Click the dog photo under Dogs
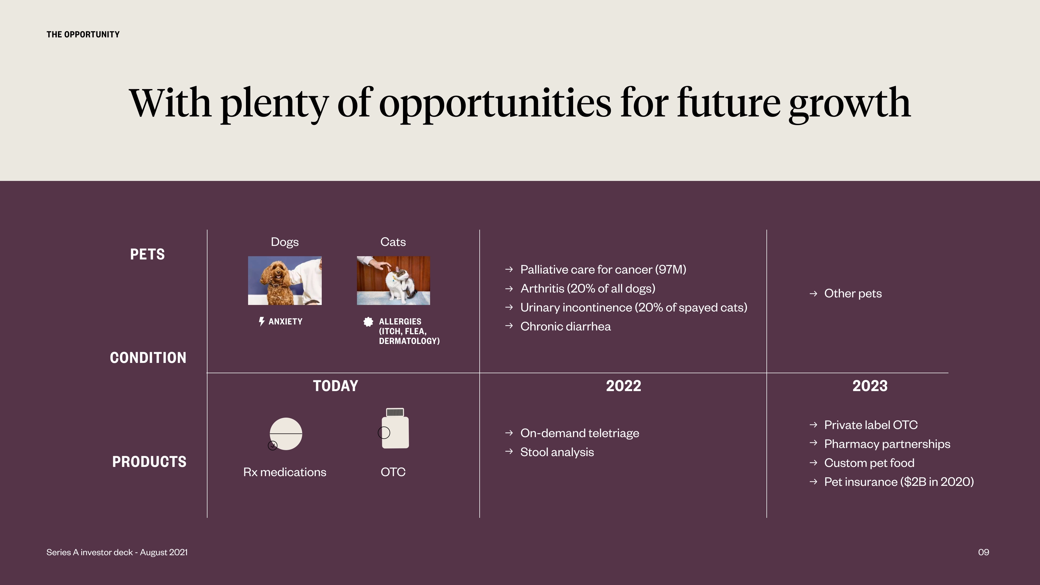[x=285, y=281]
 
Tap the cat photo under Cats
[x=393, y=281]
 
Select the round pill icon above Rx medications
[x=285, y=434]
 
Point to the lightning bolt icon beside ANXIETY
[x=262, y=321]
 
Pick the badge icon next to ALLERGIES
[x=368, y=322]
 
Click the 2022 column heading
[x=623, y=386]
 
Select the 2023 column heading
[x=870, y=386]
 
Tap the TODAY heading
[x=336, y=386]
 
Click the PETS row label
[x=147, y=254]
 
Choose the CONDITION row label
[x=148, y=358]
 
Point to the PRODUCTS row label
[x=149, y=462]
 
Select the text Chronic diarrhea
[x=565, y=326]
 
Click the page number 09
[x=983, y=552]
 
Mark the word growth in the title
[x=850, y=104]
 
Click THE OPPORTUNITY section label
[x=83, y=35]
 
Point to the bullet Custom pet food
[x=869, y=463]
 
